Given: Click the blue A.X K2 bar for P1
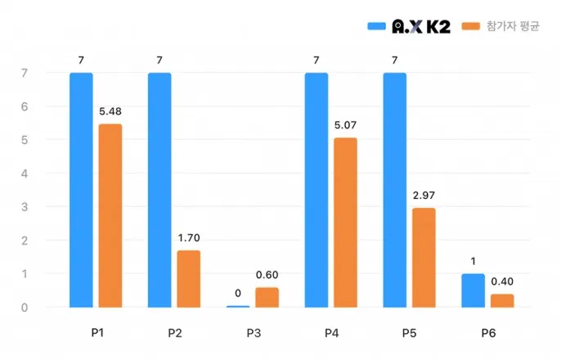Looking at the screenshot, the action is [81, 190].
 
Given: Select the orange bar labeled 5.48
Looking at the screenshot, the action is [110, 216].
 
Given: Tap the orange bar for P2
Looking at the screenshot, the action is [189, 279].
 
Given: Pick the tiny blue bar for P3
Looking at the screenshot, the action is [238, 307].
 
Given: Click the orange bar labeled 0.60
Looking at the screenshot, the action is [267, 298].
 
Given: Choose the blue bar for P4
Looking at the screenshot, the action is [316, 190].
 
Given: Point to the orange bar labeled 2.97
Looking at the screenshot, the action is [424, 258].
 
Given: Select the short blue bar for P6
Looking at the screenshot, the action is [473, 290].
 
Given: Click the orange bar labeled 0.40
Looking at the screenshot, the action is [502, 301].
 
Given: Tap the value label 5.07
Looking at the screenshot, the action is [345, 125].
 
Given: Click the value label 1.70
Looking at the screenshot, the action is [189, 238].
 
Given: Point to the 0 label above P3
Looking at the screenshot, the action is [238, 294].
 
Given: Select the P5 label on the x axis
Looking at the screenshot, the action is [409, 333].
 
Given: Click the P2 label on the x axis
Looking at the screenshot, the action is [175, 333].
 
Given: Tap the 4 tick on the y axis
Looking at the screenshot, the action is [25, 174].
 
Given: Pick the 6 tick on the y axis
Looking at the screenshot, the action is [25, 106].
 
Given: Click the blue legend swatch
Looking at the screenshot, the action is [377, 26].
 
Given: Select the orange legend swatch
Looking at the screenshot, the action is [471, 26].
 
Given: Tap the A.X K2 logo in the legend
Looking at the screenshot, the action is [421, 26].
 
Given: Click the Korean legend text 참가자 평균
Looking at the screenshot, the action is [513, 26].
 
